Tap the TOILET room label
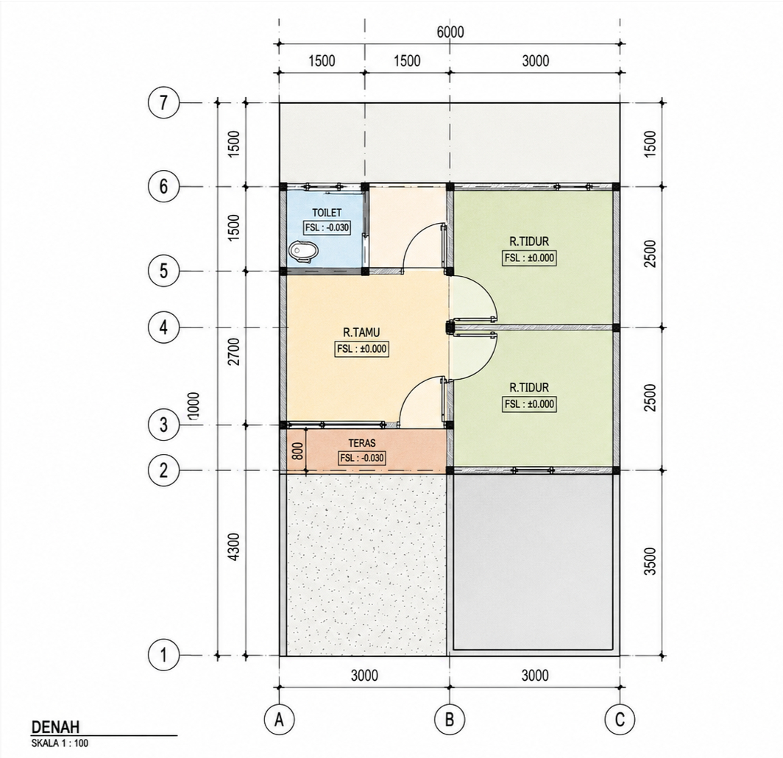pyautogui.click(x=327, y=213)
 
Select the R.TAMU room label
pyautogui.click(x=361, y=332)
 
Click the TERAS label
pyautogui.click(x=362, y=443)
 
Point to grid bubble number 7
pyautogui.click(x=163, y=103)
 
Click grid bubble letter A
pyautogui.click(x=279, y=720)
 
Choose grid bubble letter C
pyautogui.click(x=620, y=720)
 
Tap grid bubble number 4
pyautogui.click(x=163, y=328)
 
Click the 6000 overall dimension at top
pyautogui.click(x=450, y=32)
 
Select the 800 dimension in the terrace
pyautogui.click(x=297, y=451)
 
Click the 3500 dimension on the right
pyautogui.click(x=649, y=562)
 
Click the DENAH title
pyautogui.click(x=55, y=727)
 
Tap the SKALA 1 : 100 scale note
pyautogui.click(x=60, y=743)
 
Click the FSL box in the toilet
pyautogui.click(x=327, y=227)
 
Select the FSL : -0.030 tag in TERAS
pyautogui.click(x=362, y=458)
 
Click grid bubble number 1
pyautogui.click(x=163, y=655)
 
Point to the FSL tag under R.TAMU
pyautogui.click(x=361, y=349)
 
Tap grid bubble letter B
pyautogui.click(x=450, y=720)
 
